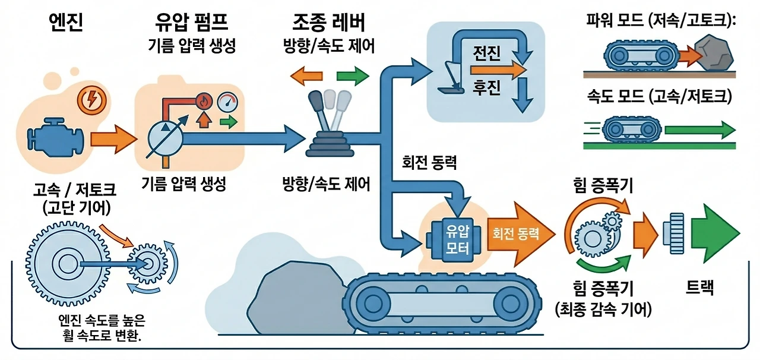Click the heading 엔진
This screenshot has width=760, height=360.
66,22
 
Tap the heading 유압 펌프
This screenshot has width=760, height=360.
191,22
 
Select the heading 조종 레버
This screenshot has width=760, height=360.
328,22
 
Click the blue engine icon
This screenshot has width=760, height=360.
56,137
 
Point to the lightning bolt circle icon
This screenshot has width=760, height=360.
91,100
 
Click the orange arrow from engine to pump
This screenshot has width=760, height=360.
113,139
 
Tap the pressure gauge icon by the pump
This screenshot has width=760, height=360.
227,102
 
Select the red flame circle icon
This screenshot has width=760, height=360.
204,101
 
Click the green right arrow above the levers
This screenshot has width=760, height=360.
353,75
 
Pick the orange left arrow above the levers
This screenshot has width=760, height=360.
306,75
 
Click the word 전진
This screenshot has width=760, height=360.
486,53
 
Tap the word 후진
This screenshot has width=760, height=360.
486,87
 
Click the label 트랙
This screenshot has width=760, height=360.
699,288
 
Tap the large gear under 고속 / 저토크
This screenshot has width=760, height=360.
68,264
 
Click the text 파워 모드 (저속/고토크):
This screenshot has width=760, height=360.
661,20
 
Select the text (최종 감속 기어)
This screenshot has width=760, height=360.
603,310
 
